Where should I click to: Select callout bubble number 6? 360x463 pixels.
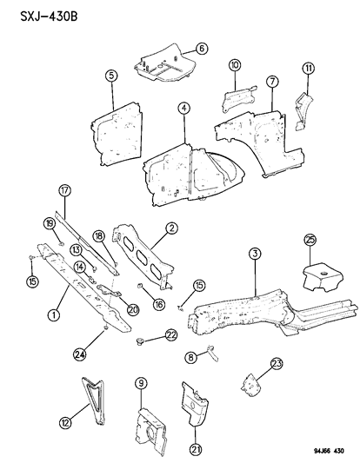pyautogui.click(x=202, y=49)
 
